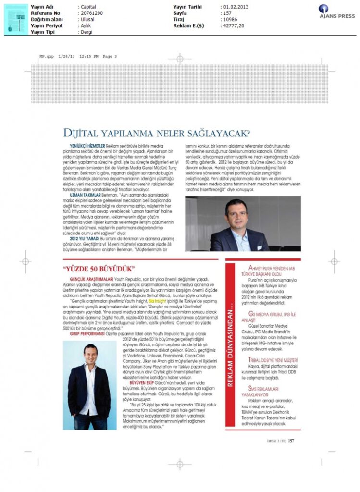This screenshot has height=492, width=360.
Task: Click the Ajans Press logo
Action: click(x=336, y=11)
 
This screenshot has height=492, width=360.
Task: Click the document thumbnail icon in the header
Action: click(x=16, y=19)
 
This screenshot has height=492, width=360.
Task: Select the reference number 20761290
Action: click(x=91, y=13)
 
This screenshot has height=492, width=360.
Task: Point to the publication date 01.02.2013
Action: click(x=235, y=7)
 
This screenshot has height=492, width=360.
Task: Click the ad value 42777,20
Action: click(x=233, y=26)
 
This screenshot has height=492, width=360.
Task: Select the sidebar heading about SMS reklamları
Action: click(x=263, y=390)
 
